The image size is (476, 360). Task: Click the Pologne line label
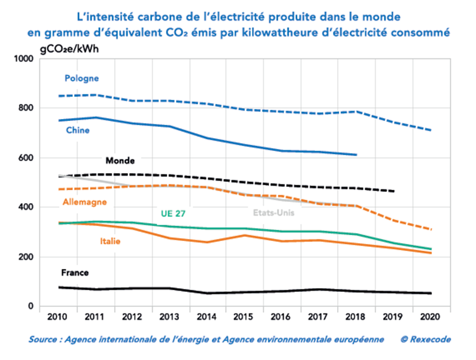[x=81, y=78]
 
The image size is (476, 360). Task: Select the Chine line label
[x=78, y=130]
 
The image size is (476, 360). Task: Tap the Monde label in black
[x=120, y=160]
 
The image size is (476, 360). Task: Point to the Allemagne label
[x=85, y=202]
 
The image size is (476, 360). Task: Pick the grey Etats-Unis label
[x=273, y=212]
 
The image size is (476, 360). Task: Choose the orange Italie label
[x=110, y=241]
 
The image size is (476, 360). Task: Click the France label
[x=75, y=273]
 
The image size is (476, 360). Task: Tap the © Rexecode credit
[x=426, y=339]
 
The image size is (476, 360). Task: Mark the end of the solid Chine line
[x=356, y=155]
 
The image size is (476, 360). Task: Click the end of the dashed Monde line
[x=394, y=191]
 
